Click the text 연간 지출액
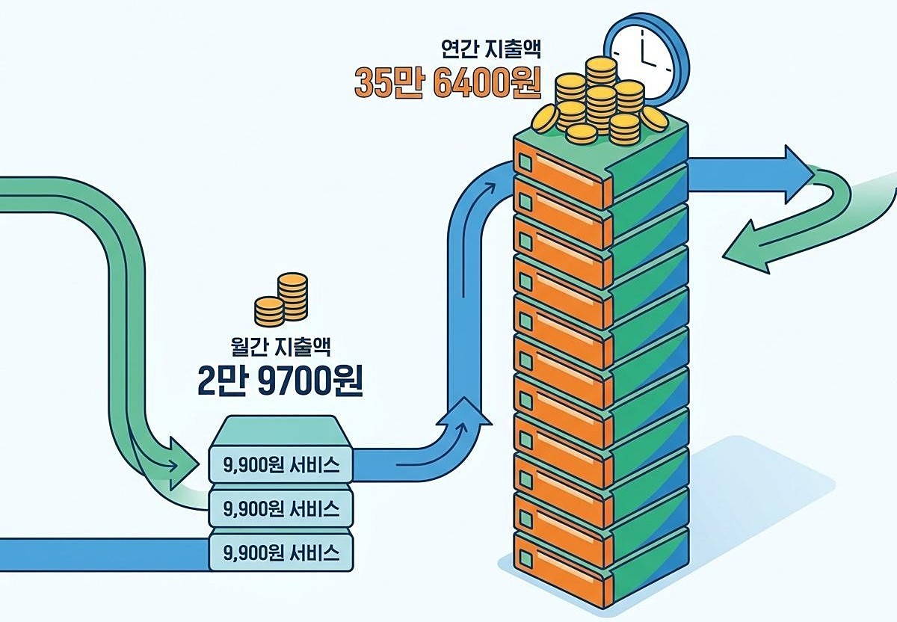point(491,49)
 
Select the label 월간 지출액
point(281,346)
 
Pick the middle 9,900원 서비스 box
point(281,508)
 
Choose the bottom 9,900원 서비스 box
point(281,552)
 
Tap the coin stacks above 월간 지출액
point(281,299)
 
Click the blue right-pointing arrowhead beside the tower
point(799,174)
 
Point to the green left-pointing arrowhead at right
point(747,249)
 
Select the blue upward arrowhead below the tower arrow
point(463,412)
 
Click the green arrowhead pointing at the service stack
point(183,464)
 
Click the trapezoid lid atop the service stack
point(281,431)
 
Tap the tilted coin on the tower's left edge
point(546,120)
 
